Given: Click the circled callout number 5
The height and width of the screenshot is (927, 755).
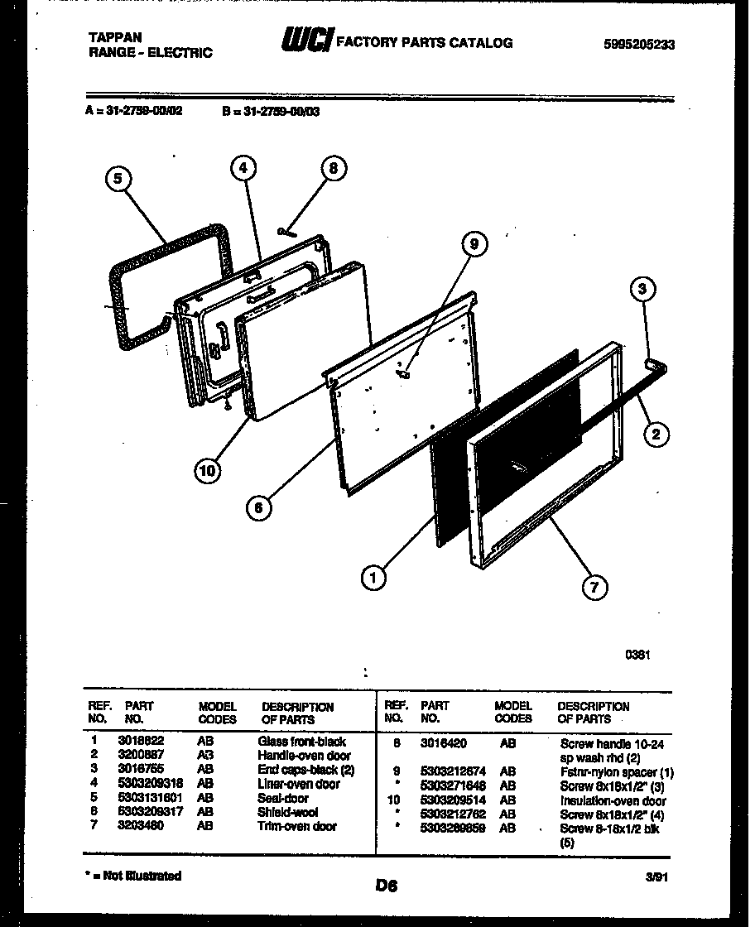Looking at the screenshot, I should click(x=119, y=177).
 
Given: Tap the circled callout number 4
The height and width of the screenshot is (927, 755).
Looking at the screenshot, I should click(x=242, y=169).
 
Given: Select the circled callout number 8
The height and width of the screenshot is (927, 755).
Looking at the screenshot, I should click(x=333, y=169).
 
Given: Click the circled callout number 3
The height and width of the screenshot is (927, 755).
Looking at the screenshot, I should click(x=642, y=289).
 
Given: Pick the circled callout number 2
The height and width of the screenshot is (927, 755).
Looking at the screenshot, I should click(x=656, y=433).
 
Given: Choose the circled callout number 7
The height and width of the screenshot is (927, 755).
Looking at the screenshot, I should click(x=593, y=587).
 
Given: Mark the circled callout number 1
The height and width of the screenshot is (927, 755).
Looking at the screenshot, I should click(x=374, y=577).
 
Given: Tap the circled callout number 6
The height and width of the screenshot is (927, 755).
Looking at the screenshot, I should click(x=259, y=508).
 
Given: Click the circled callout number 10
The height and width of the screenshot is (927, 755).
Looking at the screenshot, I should click(x=208, y=471).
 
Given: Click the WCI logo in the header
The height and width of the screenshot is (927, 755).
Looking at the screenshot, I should click(x=307, y=41).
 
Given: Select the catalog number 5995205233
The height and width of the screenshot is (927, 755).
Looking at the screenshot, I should click(x=639, y=45).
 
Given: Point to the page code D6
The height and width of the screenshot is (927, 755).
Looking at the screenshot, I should click(x=385, y=886).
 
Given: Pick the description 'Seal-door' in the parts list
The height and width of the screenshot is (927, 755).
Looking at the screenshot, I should click(x=283, y=799).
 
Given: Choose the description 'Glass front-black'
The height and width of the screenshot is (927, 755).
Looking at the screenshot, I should click(x=302, y=742).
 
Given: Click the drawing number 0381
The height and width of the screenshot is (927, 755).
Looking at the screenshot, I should click(x=637, y=654).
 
